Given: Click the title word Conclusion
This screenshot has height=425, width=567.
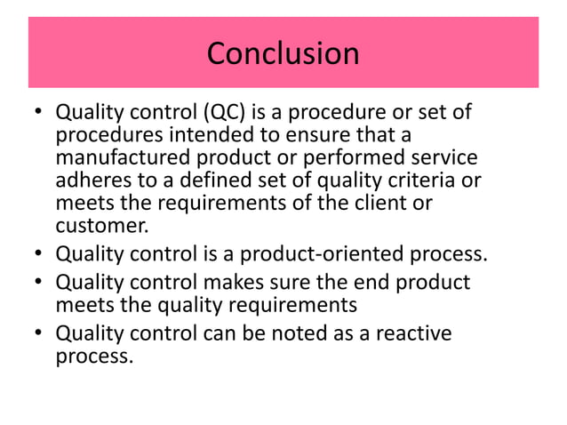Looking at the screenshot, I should (283, 53).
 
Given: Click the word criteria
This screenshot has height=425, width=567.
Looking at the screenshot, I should (432, 180).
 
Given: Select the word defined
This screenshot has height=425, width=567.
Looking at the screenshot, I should (219, 180).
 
